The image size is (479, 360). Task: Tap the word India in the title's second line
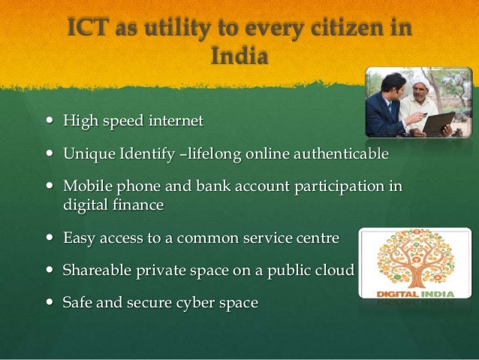click(x=239, y=57)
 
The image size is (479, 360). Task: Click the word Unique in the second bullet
click(x=85, y=154)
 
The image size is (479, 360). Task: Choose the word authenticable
click(x=339, y=154)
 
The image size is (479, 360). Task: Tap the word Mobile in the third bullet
click(x=85, y=186)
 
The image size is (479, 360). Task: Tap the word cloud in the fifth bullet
click(x=334, y=270)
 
